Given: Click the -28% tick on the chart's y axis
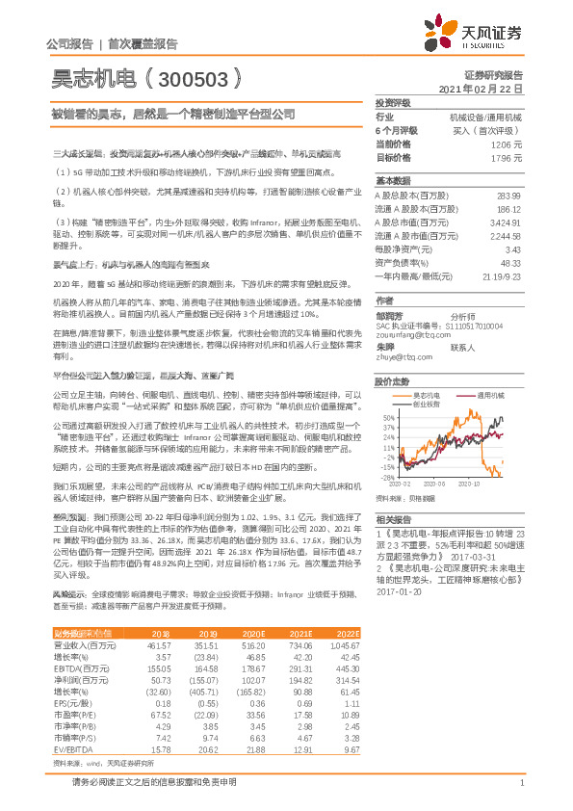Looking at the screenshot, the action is (x=386, y=477).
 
